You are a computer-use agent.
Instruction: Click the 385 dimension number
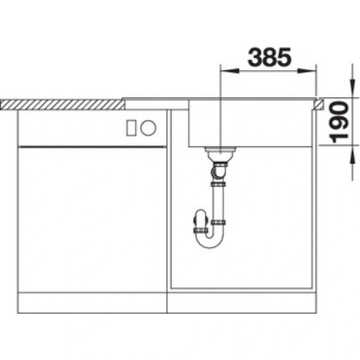[x=269, y=57]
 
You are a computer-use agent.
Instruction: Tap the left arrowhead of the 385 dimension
[x=230, y=71]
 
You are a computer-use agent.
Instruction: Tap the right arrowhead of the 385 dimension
[x=307, y=71]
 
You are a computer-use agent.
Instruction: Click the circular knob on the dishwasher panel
[x=148, y=128]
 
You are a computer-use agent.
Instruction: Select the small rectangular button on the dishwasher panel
[x=131, y=128]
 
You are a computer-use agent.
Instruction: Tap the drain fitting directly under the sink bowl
[x=220, y=154]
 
